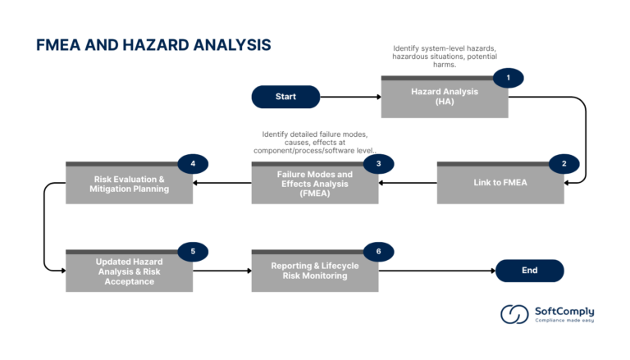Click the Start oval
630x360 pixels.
(285, 97)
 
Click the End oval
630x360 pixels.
(529, 271)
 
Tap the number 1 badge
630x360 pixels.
(508, 78)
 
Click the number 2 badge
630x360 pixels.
(564, 164)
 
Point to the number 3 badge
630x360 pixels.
(378, 164)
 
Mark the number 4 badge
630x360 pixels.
(193, 164)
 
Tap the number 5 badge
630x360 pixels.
(193, 251)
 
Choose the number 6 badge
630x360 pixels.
(378, 251)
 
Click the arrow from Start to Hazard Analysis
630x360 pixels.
(350, 97)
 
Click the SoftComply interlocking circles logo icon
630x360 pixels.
(514, 315)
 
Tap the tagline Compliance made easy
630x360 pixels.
(564, 321)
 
